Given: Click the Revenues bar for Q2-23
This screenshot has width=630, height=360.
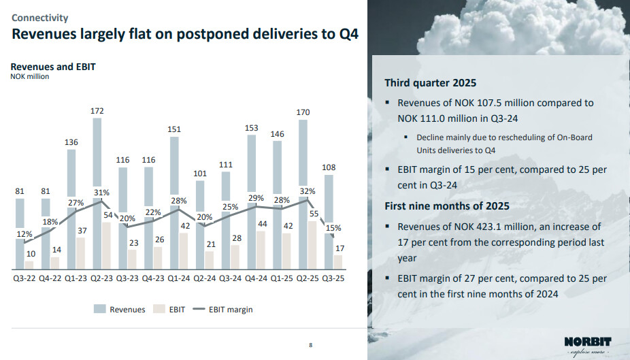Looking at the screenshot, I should (x=97, y=170).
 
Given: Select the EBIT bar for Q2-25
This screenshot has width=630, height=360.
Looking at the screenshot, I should (x=314, y=245).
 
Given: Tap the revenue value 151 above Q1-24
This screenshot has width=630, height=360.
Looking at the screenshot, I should (x=175, y=129).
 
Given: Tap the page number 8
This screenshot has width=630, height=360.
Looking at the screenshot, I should (x=311, y=346).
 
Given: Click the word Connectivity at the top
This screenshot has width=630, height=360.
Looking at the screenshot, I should (x=39, y=18).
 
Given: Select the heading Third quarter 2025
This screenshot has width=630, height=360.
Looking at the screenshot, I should (x=430, y=83).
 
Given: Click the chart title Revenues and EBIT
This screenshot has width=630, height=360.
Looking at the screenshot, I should (x=52, y=67).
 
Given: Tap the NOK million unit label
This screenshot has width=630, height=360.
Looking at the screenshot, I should (x=29, y=76).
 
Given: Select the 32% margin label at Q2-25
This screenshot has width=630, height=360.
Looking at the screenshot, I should (x=307, y=191).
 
